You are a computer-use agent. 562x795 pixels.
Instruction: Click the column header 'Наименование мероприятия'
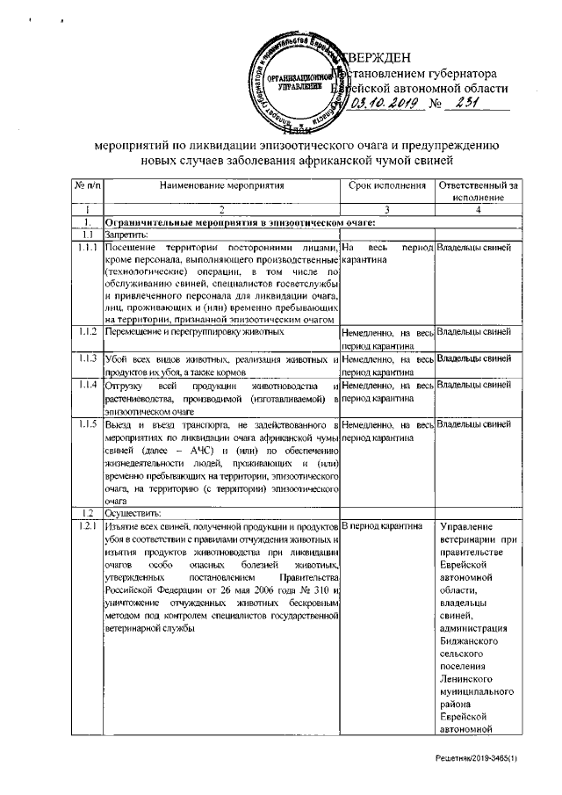tap(222, 186)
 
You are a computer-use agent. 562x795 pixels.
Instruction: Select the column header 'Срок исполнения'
tap(387, 186)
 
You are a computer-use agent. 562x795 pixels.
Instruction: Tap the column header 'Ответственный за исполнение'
tap(478, 192)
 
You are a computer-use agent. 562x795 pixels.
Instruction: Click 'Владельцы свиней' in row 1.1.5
tap(474, 424)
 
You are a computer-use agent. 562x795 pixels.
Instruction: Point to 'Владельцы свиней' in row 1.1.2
tap(474, 332)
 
